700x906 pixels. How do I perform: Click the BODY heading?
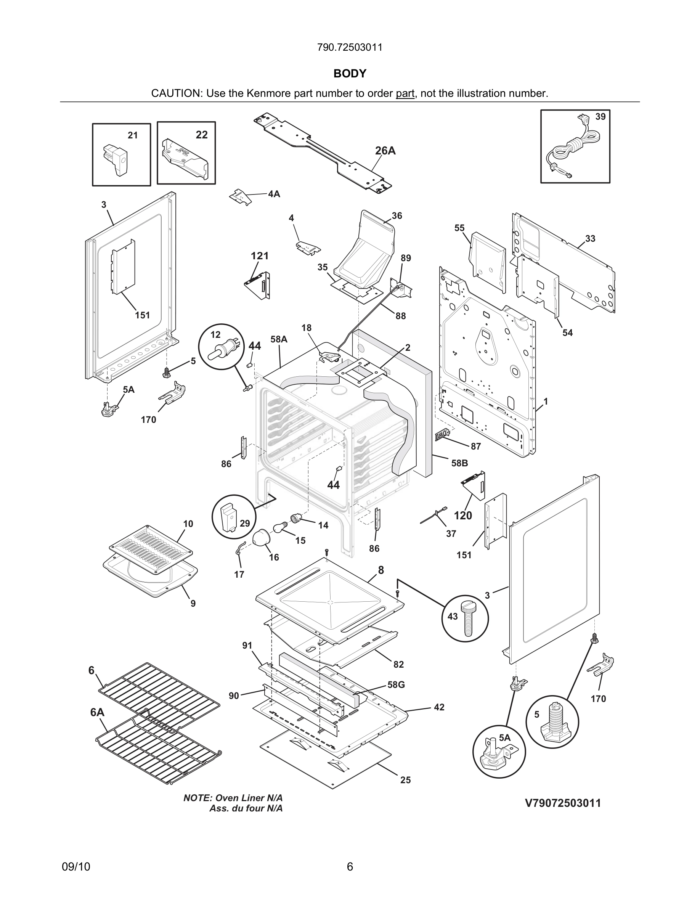pyautogui.click(x=350, y=74)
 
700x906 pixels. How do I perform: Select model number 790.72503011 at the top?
pyautogui.click(x=350, y=47)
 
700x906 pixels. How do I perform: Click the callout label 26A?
pyautogui.click(x=385, y=151)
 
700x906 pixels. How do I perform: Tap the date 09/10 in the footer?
pyautogui.click(x=76, y=867)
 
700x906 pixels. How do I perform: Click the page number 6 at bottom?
pyautogui.click(x=350, y=867)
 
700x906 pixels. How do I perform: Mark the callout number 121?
pyautogui.click(x=260, y=256)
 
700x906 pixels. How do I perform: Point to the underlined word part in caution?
pyautogui.click(x=405, y=94)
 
